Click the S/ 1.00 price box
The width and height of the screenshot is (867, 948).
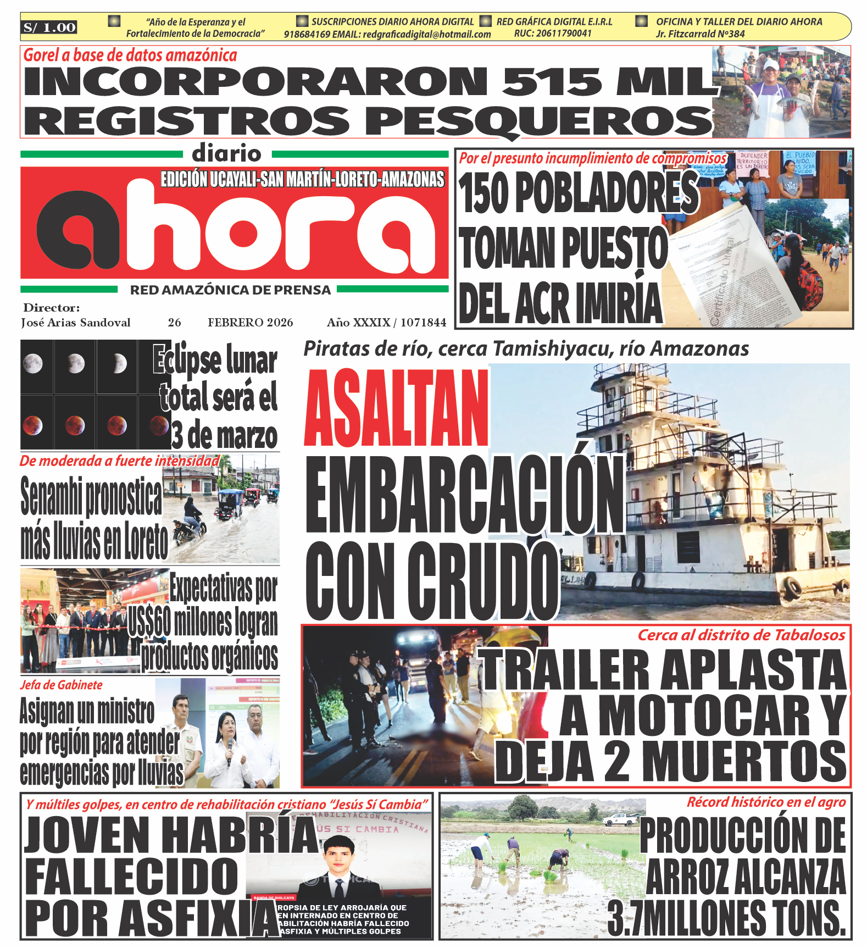pos(49,27)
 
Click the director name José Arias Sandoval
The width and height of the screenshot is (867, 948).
pos(76,323)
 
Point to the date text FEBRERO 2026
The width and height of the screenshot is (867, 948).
pos(250,323)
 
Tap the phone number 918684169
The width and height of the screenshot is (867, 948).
pos(307,34)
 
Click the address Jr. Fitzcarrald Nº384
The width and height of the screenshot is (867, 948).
pos(700,34)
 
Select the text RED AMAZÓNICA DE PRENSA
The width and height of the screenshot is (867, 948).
pos(230,290)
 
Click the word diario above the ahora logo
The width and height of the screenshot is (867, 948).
pos(226,153)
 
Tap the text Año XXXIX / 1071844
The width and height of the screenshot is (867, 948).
pos(386,323)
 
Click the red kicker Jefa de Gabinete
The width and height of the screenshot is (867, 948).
pos(62,685)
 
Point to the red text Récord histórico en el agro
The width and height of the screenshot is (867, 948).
pos(766,802)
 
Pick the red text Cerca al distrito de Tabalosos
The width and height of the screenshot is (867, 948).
pos(741,635)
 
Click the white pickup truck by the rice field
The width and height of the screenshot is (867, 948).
pos(620,819)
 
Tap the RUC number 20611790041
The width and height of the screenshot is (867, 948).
pos(553,34)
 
